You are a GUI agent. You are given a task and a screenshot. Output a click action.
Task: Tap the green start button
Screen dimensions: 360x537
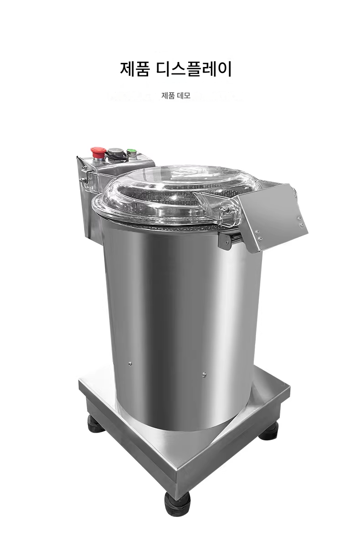click(x=131, y=152)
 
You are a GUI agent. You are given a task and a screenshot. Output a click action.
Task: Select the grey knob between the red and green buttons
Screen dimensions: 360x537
click(x=113, y=151)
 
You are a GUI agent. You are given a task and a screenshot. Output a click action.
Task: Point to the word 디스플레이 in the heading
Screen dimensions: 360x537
click(x=195, y=69)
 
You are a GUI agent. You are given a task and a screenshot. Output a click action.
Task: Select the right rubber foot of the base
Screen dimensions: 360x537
click(x=269, y=432)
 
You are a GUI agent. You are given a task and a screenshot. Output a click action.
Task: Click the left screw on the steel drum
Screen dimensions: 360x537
click(x=130, y=364)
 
